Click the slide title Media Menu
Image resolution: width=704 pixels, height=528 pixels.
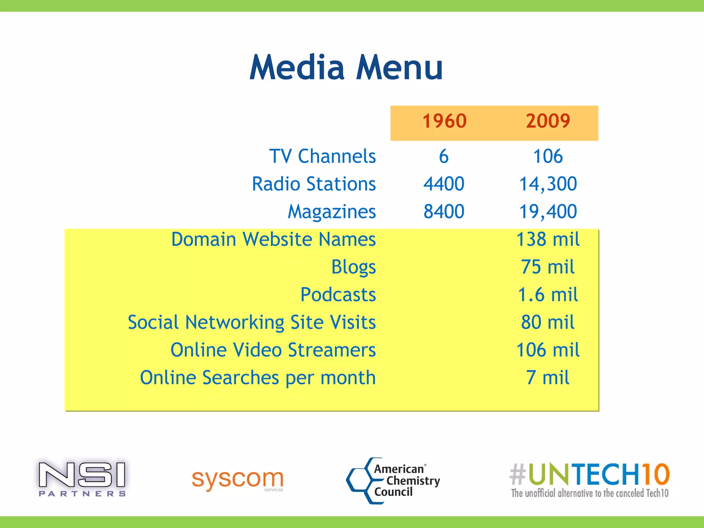[x=346, y=68]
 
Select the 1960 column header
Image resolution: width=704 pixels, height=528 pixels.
[x=444, y=121]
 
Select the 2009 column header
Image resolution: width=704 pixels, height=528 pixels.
[x=548, y=121]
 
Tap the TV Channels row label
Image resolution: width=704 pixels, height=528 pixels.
[x=322, y=156]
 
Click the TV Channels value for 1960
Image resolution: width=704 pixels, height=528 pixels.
[x=444, y=156]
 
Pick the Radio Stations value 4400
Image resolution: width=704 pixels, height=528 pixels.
[x=444, y=184]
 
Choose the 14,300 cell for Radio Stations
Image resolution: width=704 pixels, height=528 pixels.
[x=548, y=184]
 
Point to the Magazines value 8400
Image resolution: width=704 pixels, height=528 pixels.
[x=444, y=211]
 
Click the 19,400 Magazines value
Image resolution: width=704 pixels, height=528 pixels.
[x=548, y=211]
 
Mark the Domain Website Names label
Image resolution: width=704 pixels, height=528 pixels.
[x=273, y=239]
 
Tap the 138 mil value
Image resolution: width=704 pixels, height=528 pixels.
[x=548, y=239]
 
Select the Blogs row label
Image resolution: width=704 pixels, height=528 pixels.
[x=353, y=267]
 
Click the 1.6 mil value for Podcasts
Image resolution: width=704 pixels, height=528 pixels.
[x=548, y=295]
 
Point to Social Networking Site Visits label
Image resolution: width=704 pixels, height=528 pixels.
[x=252, y=322]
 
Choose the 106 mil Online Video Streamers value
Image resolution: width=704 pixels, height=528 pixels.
[x=548, y=350]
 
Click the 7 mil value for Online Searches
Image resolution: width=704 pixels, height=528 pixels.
[x=548, y=378]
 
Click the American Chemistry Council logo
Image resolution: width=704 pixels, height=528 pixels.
[x=393, y=481]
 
